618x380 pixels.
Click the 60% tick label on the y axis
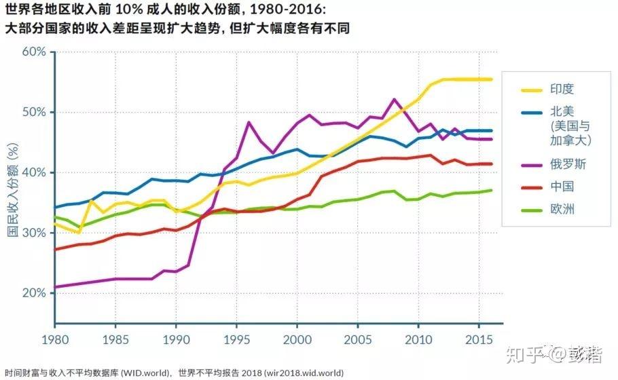33,52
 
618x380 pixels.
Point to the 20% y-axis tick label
33,293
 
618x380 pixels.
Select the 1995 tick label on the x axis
236,338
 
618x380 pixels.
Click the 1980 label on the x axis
54,338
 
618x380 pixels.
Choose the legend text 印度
563,89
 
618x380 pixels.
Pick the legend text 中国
563,187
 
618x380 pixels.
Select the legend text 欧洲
563,209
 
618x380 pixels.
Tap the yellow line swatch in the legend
526,89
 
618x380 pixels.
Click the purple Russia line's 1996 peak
249,122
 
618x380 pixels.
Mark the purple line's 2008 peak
395,99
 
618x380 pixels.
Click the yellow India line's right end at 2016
492,79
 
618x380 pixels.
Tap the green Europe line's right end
492,190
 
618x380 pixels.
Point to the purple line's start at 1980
55,287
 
